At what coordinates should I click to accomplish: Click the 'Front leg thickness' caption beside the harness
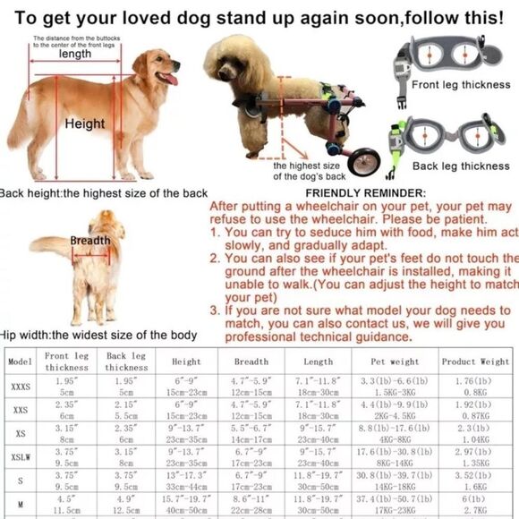[x=460, y=86]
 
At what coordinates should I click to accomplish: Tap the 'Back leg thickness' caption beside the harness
[x=461, y=166]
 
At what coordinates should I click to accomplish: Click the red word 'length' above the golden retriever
[x=76, y=54]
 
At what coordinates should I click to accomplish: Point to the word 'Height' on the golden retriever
[x=85, y=124]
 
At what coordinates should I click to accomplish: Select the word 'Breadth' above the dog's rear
[x=90, y=241]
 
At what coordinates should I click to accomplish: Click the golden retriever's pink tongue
[x=168, y=80]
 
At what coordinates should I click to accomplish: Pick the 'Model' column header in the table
[x=20, y=362]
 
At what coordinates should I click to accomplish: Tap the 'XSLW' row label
[x=20, y=457]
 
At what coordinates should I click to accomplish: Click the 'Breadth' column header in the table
[x=251, y=362]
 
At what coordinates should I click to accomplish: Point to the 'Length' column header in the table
[x=318, y=362]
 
